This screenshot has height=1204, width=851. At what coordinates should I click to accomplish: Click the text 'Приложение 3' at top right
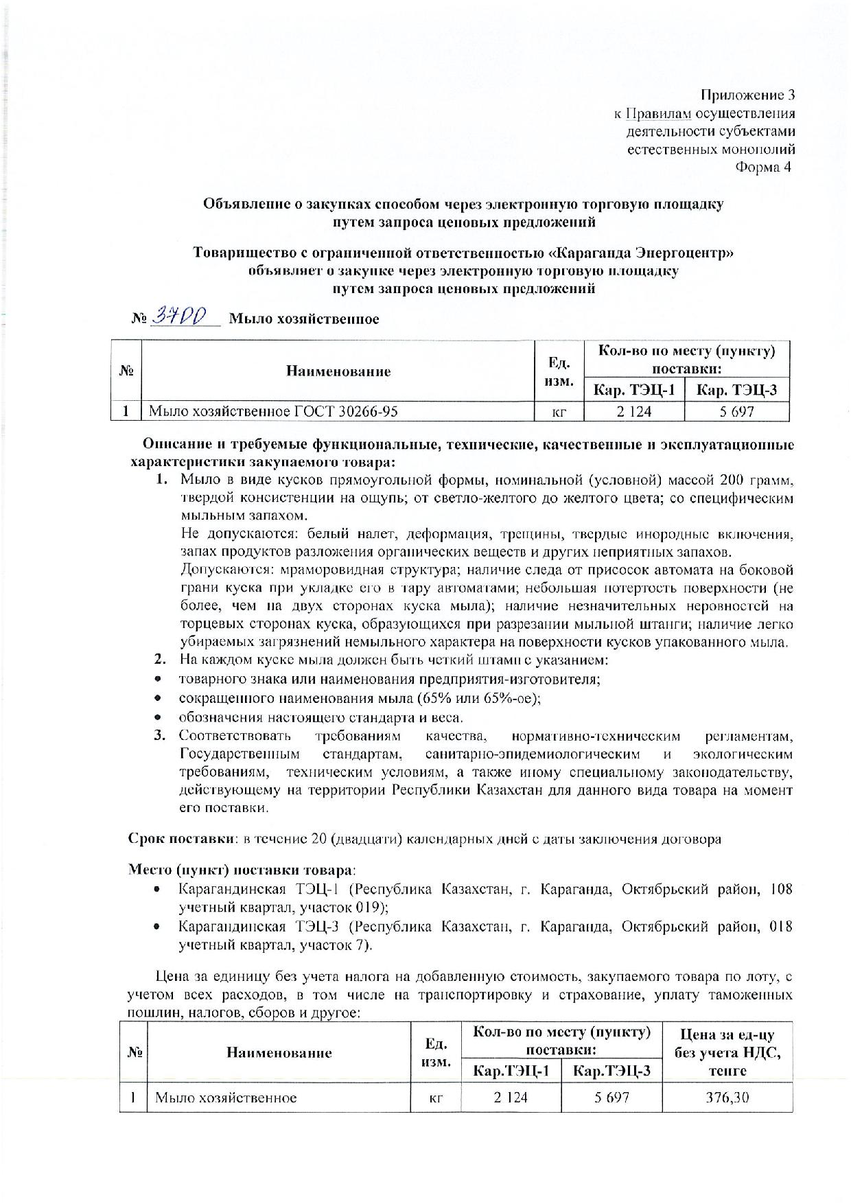(x=747, y=94)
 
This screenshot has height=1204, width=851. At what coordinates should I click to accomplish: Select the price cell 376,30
(x=727, y=1097)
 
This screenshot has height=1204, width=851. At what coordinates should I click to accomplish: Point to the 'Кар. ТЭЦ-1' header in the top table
(x=634, y=391)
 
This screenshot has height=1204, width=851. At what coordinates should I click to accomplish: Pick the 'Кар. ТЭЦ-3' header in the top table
(x=737, y=391)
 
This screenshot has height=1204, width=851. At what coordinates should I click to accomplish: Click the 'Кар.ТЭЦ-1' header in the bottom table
(x=511, y=1070)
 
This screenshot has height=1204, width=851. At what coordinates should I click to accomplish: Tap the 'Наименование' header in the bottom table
(x=279, y=1052)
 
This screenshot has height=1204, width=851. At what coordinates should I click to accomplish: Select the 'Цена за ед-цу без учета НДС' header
(x=727, y=1052)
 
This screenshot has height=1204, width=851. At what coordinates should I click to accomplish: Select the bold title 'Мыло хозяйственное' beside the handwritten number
(x=303, y=319)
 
